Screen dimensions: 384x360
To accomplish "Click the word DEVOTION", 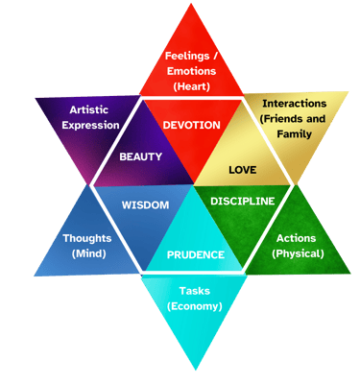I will click(192, 125).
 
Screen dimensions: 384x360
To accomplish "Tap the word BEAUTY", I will click(140, 156).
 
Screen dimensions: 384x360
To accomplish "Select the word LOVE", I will click(242, 169).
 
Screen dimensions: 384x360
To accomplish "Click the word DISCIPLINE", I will click(242, 201).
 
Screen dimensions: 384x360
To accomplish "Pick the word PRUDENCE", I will click(196, 254).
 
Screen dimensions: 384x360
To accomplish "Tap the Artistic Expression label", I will click(84, 117).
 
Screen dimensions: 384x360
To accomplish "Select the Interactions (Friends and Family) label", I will click(294, 118).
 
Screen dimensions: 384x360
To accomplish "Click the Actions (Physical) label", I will click(297, 246).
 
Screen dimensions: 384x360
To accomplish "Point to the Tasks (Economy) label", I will click(195, 298).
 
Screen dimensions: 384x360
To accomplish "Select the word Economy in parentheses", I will click(195, 306).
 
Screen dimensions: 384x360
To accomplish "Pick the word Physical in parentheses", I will click(298, 254).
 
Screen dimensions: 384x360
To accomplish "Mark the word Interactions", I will click(294, 103).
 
